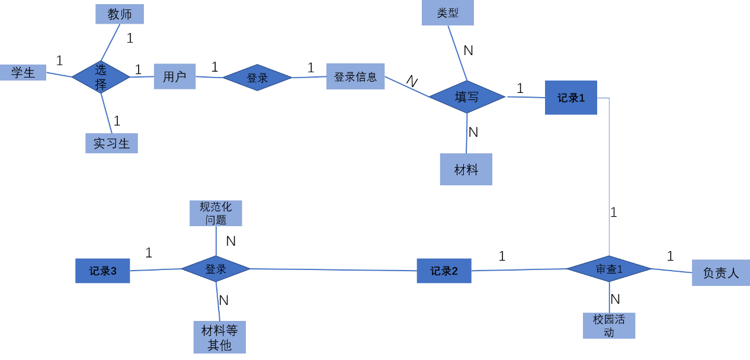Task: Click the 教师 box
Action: pos(119,14)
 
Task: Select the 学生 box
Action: pos(23,73)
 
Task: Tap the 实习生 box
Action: pos(111,143)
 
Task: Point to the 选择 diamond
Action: pos(101,77)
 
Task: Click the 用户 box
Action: pos(174,76)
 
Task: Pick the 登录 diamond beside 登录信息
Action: pos(257,78)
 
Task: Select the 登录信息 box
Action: pos(355,77)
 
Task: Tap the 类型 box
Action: pos(447,12)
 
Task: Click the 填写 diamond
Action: pos(467,97)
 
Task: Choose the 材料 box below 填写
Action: pos(466,169)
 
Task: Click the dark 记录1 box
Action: pos(570,98)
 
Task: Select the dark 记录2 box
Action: pos(444,271)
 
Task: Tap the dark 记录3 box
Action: pos(102,271)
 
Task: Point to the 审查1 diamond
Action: pos(609,269)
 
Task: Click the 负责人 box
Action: pos(720,273)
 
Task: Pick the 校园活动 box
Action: pos(609,326)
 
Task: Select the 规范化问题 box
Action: pos(216,213)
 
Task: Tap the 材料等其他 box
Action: pos(219,337)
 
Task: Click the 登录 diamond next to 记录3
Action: pos(216,269)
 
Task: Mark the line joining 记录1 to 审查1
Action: pos(609,178)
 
